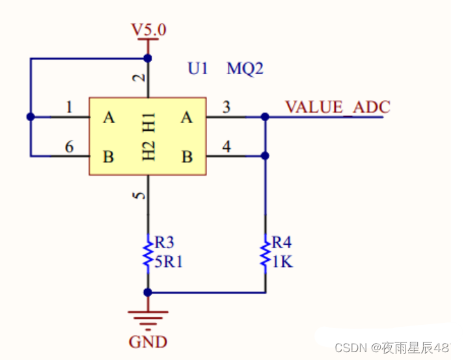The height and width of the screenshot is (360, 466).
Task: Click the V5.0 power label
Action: (149, 30)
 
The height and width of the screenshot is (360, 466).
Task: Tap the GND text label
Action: (148, 342)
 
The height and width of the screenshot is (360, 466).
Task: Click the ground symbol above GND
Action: (148, 320)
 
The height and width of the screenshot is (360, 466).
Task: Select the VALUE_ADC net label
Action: (338, 107)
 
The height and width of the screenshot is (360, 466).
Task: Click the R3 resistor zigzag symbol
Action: (148, 254)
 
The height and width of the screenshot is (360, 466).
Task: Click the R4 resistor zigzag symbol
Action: (265, 254)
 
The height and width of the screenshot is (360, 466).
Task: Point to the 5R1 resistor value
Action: (169, 262)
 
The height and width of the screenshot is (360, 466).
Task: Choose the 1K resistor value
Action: (282, 262)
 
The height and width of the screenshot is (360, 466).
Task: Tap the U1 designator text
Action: (198, 68)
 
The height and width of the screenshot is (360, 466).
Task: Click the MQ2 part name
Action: (245, 68)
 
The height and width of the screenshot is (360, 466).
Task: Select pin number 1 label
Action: (69, 107)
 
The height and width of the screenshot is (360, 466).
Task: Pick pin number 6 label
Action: (69, 147)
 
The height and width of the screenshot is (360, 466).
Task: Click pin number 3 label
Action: (226, 107)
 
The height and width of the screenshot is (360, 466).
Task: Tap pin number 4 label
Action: (226, 146)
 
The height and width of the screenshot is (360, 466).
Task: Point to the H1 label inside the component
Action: (148, 122)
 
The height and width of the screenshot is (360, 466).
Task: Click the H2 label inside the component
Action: (148, 151)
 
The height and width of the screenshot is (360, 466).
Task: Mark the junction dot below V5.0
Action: (148, 59)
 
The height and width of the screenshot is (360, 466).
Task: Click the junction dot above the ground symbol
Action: (148, 292)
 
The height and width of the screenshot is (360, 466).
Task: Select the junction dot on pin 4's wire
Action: (265, 156)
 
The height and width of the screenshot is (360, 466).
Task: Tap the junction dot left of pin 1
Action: (31, 117)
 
